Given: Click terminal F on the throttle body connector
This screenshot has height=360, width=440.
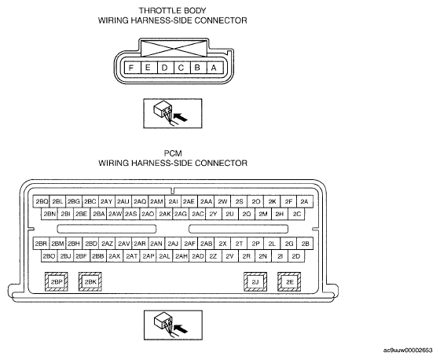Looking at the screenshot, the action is click(x=130, y=68).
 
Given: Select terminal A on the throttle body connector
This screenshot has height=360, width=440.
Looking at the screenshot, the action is click(x=214, y=68).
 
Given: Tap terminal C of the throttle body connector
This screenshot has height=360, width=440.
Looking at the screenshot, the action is click(x=181, y=68).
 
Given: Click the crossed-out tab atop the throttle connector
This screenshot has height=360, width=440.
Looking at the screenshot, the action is click(x=174, y=49).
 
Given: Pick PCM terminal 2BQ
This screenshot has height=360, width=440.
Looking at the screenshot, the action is click(x=42, y=202).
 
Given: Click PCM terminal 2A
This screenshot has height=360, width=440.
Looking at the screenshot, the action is click(x=305, y=202).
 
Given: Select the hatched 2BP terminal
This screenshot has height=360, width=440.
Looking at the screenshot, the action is click(x=56, y=282).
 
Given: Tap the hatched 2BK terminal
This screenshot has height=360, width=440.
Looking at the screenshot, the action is click(x=90, y=282).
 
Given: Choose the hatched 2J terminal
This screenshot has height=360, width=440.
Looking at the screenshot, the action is click(x=255, y=282).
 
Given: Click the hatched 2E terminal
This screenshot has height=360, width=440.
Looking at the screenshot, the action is click(x=289, y=282).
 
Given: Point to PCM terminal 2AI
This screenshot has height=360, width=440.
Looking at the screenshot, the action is click(x=173, y=202).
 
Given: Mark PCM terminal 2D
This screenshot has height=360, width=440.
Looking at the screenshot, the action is click(x=296, y=256).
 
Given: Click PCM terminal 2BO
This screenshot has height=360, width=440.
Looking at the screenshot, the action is click(x=49, y=256).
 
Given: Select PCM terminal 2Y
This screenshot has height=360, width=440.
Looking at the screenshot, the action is click(x=214, y=214).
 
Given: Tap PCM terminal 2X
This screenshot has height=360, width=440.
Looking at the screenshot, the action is click(x=222, y=244).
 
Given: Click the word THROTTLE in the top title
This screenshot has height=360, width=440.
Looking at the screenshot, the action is click(x=157, y=11).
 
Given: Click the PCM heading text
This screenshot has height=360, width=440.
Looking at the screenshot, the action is click(x=173, y=153).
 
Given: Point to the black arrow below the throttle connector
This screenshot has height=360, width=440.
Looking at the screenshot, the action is click(x=181, y=117).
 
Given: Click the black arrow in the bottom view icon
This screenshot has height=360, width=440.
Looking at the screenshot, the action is click(x=181, y=329).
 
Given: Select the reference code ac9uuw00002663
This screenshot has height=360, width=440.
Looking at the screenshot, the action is click(x=408, y=350).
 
